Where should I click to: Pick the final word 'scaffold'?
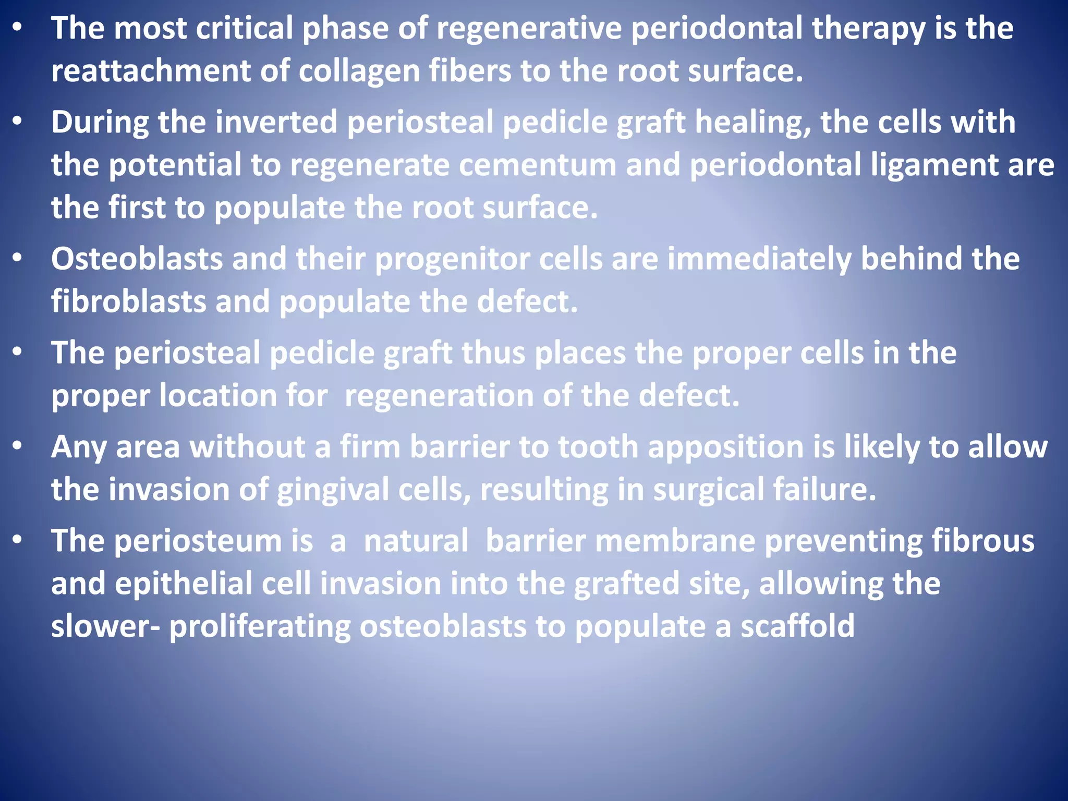pos(797,626)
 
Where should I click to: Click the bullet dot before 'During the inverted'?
pos(18,122)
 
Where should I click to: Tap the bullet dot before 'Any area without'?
pos(18,446)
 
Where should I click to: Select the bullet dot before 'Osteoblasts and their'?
pos(18,258)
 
